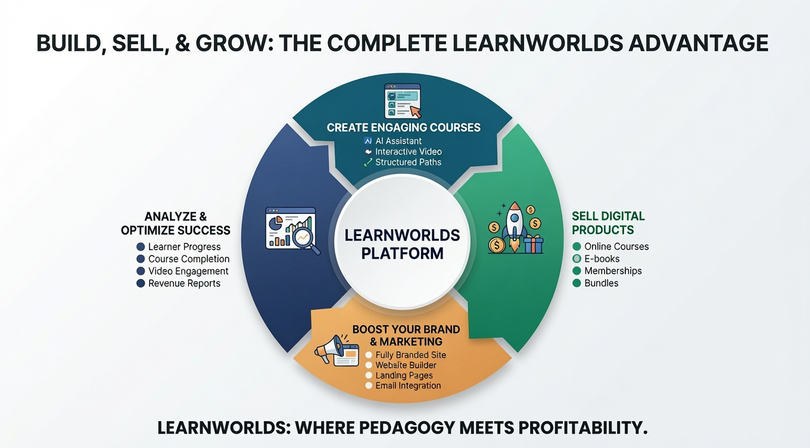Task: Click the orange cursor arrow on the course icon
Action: (416, 112)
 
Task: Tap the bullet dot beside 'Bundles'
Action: (577, 283)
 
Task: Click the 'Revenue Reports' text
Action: (185, 284)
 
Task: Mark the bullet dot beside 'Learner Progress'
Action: (141, 247)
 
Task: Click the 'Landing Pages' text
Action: (404, 376)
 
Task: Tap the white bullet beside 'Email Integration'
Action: (369, 386)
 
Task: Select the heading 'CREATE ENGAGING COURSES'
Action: (404, 127)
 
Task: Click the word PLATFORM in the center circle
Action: (402, 253)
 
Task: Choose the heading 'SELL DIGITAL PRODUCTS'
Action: (608, 223)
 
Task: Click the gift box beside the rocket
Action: (534, 244)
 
